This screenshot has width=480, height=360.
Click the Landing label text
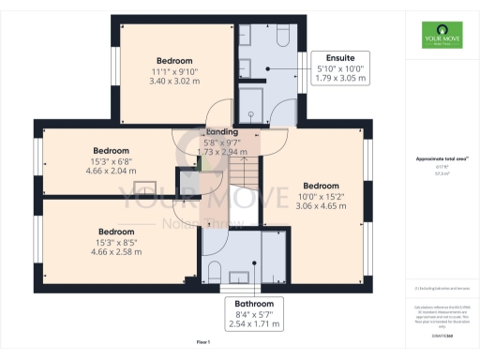pos(222,132)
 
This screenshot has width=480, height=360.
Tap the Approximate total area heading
pos(438,159)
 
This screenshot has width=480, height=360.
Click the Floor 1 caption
pos(202,342)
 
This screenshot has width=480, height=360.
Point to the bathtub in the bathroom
pos(272,253)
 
